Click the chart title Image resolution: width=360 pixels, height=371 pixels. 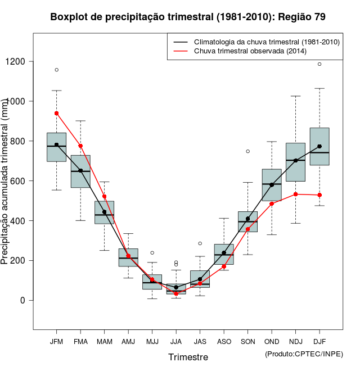click(188, 17)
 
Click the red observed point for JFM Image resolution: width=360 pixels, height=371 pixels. click(56, 113)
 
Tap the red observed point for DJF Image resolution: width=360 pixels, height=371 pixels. click(319, 195)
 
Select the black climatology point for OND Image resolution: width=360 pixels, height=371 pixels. click(272, 184)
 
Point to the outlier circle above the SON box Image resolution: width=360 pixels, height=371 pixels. click(247, 151)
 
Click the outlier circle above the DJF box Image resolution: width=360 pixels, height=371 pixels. click(319, 64)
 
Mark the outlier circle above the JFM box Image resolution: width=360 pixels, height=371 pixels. click(56, 70)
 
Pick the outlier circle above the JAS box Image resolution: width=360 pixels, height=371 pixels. click(200, 243)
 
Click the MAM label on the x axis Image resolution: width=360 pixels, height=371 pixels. click(104, 341)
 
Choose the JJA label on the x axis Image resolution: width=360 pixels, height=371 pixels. click(176, 341)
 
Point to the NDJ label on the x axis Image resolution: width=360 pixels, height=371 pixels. click(295, 341)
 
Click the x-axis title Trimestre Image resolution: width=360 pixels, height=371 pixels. click(188, 357)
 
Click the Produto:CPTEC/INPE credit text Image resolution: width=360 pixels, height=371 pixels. click(304, 354)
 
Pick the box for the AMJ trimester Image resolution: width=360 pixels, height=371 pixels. click(128, 257)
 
